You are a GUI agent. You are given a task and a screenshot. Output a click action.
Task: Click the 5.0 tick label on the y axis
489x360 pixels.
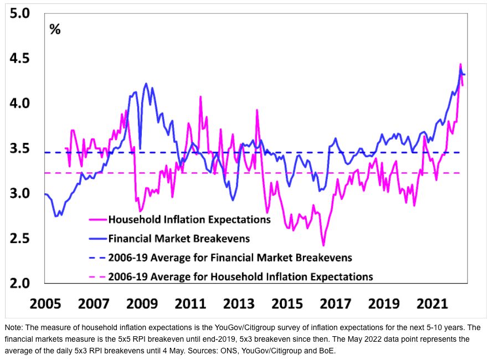(x=19, y=13)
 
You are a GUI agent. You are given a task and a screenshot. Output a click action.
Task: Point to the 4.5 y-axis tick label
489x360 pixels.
(x=19, y=59)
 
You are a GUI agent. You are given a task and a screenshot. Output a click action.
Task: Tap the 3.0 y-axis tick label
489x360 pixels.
(x=19, y=194)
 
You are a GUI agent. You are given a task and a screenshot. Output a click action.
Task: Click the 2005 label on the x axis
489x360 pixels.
(x=45, y=304)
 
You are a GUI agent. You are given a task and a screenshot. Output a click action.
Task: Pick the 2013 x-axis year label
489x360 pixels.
(x=238, y=304)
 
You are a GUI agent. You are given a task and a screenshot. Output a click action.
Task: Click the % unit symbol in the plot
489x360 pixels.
(x=55, y=30)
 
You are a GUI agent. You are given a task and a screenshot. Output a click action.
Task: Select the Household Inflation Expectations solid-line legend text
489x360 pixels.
(x=189, y=219)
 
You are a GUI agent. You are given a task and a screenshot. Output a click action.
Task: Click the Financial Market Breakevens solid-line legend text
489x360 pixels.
(x=179, y=239)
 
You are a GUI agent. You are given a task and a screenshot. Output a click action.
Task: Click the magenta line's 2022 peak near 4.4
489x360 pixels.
(x=460, y=64)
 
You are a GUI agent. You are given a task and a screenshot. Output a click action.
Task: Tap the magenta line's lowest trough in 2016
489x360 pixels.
(x=323, y=245)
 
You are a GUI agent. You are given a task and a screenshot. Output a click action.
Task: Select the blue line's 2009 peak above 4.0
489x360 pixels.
(x=146, y=84)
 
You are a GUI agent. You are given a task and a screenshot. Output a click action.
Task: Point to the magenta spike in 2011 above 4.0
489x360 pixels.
(x=200, y=97)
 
